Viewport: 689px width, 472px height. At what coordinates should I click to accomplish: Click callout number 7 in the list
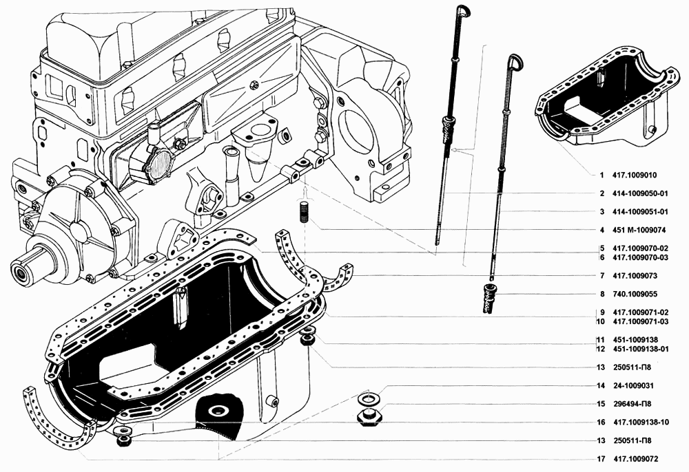click(x=601, y=275)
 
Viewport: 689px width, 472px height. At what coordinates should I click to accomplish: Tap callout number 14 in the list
click(x=601, y=385)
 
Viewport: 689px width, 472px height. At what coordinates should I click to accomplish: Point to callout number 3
click(x=601, y=212)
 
